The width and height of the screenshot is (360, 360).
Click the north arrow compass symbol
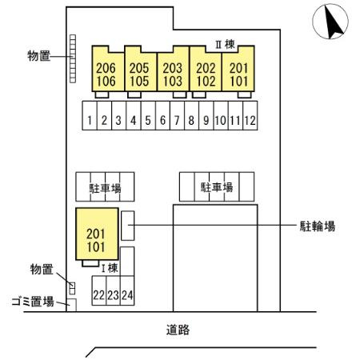330,22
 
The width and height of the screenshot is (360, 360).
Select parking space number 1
90,115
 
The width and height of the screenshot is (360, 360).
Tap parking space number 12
250,115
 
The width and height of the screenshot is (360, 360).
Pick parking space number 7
177,115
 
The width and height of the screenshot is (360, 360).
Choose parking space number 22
99,290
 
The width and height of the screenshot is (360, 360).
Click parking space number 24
127,290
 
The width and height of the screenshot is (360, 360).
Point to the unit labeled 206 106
108,69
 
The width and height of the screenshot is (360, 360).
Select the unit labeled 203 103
173,69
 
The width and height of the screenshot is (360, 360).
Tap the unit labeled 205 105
141,69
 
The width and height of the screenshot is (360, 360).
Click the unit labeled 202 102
206,69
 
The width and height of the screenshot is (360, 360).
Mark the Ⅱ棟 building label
225,44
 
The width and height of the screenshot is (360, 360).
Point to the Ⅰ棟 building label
110,268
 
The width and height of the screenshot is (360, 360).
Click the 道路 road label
178,330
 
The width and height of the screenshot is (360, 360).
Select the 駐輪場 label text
318,226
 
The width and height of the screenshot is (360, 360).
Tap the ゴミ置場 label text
33,302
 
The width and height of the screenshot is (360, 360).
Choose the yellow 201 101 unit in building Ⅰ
97,234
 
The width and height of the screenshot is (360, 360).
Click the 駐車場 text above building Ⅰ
105,188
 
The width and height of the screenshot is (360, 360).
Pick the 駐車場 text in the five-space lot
217,187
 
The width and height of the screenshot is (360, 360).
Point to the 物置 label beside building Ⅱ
39,56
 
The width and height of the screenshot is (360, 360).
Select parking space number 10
221,115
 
